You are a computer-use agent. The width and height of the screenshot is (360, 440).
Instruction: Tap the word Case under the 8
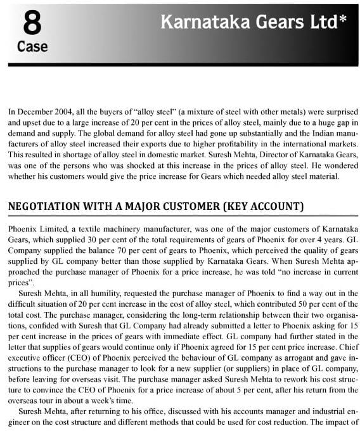tap(31, 47)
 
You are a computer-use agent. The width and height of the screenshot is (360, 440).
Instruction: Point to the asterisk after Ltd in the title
tap(343, 19)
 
